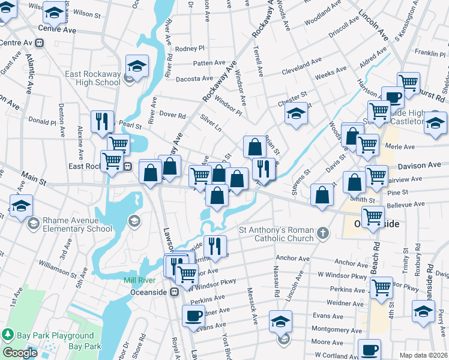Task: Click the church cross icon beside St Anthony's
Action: click(x=323, y=233)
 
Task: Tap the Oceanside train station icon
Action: click(x=174, y=292)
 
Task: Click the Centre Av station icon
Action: click(x=40, y=43)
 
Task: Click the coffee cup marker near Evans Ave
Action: click(x=193, y=317)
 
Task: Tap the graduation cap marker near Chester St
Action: click(x=296, y=114)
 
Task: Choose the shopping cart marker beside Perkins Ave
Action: click(x=381, y=287)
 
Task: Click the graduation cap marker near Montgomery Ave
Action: click(x=280, y=321)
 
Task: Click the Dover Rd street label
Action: click(x=172, y=115)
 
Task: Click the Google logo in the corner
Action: click(x=19, y=353)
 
